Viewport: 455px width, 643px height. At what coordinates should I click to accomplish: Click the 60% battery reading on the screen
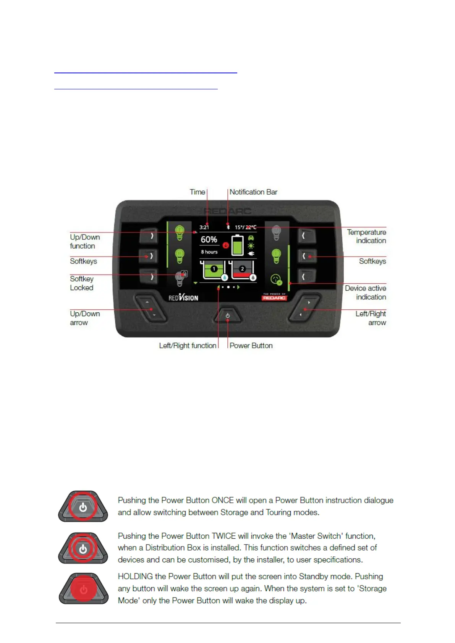pos(209,239)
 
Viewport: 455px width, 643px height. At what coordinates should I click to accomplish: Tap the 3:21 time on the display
pos(204,227)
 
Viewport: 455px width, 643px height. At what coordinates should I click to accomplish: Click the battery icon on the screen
pos(237,245)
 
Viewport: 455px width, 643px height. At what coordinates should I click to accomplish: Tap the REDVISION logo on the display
pos(183,297)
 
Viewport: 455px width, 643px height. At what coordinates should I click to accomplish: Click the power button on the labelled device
pos(228,315)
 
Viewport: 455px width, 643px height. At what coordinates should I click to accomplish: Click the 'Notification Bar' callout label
pos(253,192)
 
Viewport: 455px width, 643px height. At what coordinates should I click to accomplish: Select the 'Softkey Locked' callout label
pos(81,283)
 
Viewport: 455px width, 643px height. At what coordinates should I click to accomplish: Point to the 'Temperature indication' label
pos(366,236)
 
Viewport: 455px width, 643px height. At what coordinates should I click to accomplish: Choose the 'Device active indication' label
pos(365,292)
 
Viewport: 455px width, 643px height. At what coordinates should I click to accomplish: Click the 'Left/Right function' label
pos(188,346)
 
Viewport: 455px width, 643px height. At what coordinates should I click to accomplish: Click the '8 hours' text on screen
pos(209,252)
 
